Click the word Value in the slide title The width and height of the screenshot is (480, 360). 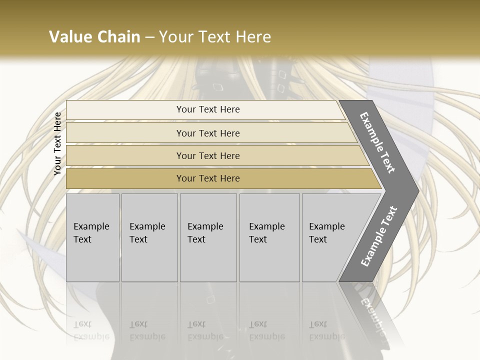click(x=70, y=37)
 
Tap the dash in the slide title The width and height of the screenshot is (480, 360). click(x=150, y=37)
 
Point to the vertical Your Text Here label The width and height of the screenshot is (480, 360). click(x=57, y=143)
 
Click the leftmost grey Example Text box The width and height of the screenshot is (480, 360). click(x=92, y=237)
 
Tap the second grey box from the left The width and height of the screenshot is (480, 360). click(x=149, y=237)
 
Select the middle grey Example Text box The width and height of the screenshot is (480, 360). click(x=208, y=237)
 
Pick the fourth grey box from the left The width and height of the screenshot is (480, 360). click(x=269, y=237)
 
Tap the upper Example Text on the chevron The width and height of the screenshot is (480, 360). click(x=377, y=143)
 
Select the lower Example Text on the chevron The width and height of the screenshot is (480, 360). click(x=378, y=236)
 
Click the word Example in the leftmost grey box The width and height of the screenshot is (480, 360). click(x=91, y=226)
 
